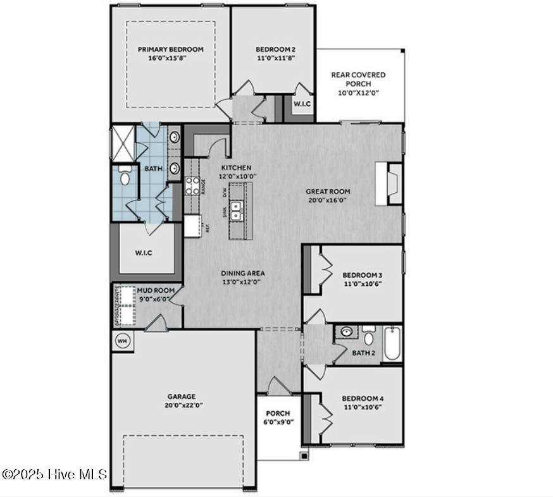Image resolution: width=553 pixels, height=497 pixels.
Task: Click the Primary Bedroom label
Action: (x=170, y=49)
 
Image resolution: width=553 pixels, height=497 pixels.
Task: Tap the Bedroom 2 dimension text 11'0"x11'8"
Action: (x=275, y=58)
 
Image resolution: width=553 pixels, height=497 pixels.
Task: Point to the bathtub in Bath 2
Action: (x=392, y=343)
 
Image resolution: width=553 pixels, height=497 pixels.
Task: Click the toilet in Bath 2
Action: (x=370, y=336)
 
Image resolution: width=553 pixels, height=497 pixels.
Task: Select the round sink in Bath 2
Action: (x=346, y=332)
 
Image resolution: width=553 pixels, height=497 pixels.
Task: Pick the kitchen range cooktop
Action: (x=192, y=185)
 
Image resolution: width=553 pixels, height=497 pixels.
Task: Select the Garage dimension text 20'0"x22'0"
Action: (x=182, y=406)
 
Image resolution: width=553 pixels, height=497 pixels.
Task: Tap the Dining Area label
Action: (x=243, y=273)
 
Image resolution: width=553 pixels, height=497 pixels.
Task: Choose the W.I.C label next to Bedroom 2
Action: (x=301, y=103)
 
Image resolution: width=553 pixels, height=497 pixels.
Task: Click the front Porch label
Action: (x=277, y=414)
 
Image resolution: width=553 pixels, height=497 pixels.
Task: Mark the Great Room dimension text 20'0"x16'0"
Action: (x=328, y=200)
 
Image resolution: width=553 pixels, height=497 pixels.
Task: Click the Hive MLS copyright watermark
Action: (x=54, y=474)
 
